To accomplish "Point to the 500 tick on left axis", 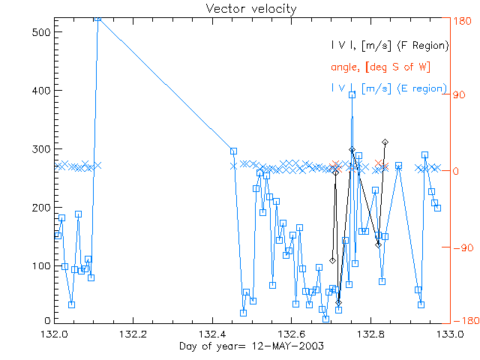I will click(x=40, y=33).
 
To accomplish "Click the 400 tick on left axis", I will click(x=40, y=91).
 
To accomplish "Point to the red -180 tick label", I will click(x=462, y=321).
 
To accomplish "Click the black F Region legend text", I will click(x=389, y=46).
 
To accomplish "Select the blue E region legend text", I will click(x=389, y=88).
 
